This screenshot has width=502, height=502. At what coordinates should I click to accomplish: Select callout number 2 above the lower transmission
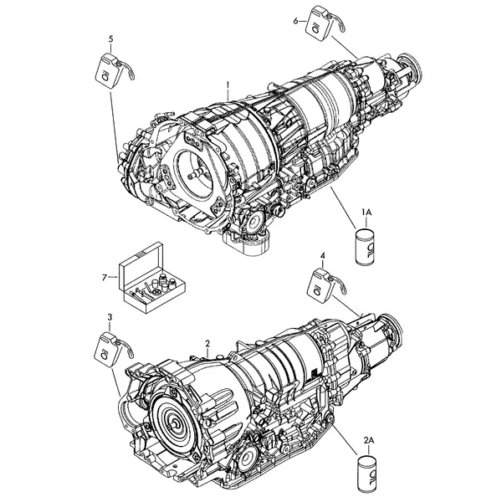point(207,344)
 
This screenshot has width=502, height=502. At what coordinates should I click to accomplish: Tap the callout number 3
point(110,317)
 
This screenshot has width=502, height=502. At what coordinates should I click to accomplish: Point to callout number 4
point(323,255)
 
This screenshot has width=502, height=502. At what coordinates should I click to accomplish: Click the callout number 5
point(110,39)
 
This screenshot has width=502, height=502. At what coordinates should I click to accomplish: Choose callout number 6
point(295,21)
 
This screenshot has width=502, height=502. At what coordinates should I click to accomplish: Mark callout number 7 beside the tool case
point(105,278)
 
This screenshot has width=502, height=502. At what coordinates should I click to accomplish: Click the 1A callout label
point(366,212)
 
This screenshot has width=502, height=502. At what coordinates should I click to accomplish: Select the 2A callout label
point(369,441)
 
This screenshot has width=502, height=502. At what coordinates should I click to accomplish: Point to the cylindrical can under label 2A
point(367,474)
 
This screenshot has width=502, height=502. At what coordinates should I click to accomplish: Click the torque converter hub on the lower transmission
point(175,423)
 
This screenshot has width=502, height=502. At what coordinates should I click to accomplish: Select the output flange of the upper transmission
point(411,67)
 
